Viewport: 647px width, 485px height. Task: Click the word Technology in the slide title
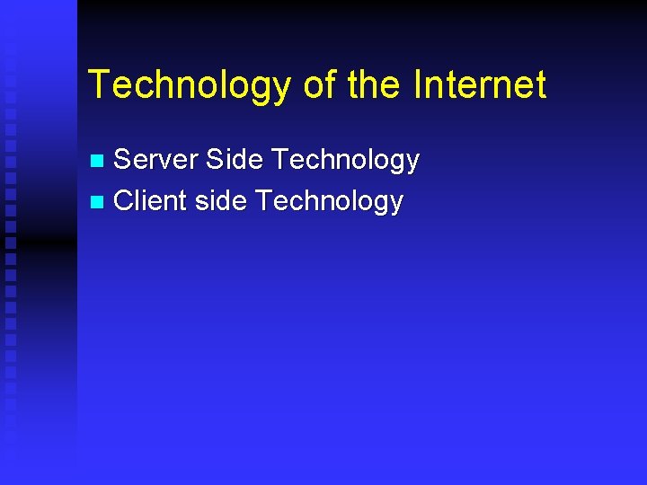[190, 85]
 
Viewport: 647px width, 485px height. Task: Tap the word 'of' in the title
[318, 85]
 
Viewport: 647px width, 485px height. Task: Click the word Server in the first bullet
[155, 160]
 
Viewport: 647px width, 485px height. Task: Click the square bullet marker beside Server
[99, 162]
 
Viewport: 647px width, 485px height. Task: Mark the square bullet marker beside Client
[99, 202]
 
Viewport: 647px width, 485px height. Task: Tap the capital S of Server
[124, 160]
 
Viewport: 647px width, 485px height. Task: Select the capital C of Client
[124, 200]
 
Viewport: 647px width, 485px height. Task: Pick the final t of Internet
[539, 85]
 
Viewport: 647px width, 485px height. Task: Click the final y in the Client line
[395, 205]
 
